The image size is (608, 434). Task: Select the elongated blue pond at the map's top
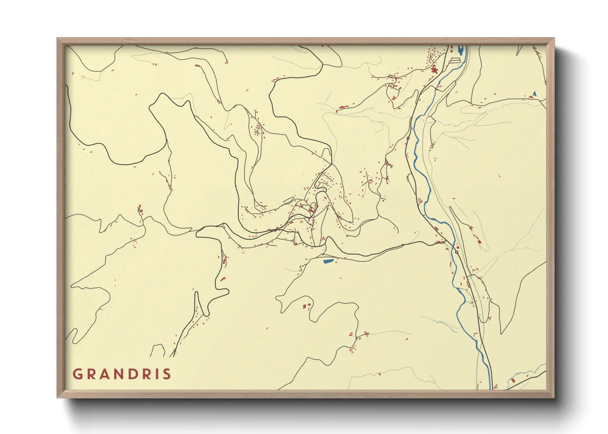pyautogui.click(x=461, y=51)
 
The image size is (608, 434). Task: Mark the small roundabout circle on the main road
pyautogui.click(x=457, y=253)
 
